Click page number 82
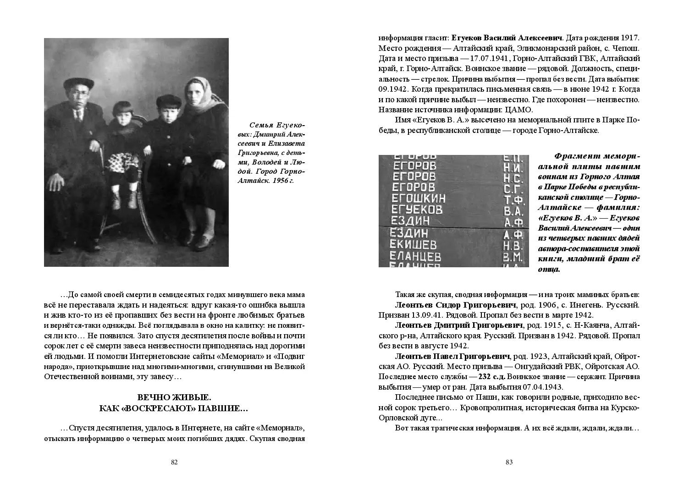174,462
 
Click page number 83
509,462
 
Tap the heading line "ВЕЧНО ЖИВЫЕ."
174,397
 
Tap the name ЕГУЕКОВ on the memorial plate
417,210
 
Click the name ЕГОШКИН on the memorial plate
419,198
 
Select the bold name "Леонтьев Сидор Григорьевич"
455,305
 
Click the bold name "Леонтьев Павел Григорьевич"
452,356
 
